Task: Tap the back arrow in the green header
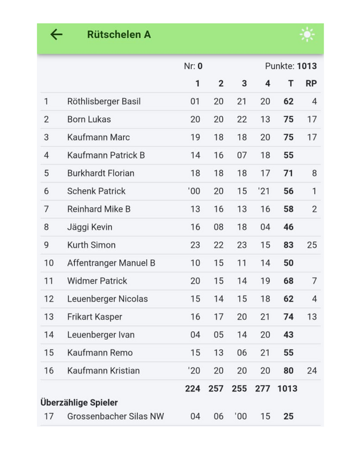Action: (56, 34)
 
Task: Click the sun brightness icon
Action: (307, 35)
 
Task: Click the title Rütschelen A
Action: (119, 34)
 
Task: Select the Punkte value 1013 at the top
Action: (307, 66)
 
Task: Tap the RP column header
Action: (311, 83)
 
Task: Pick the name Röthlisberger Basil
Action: (103, 101)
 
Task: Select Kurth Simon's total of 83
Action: (289, 245)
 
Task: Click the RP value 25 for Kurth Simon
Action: (312, 245)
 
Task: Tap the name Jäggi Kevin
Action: (89, 227)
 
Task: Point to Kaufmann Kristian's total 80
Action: (289, 371)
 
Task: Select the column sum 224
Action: (192, 388)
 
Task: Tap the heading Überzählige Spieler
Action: (79, 403)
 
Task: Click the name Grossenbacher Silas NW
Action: (115, 417)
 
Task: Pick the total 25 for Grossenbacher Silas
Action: (289, 417)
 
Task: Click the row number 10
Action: (48, 263)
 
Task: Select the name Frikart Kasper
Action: (94, 317)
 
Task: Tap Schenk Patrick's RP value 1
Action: (314, 191)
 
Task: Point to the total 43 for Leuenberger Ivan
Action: (289, 335)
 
